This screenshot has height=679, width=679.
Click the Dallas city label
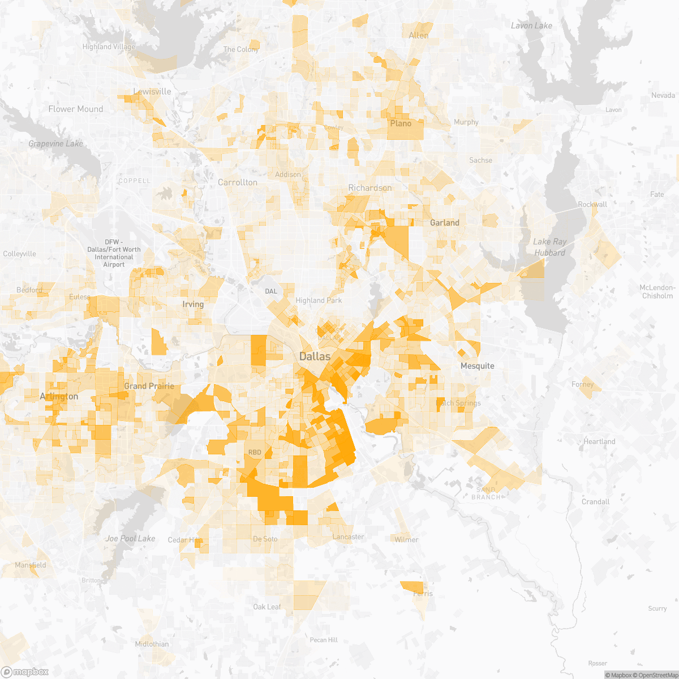(315, 356)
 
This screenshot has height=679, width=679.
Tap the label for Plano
(401, 123)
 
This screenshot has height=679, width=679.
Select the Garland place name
(445, 223)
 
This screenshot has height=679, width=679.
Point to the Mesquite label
(477, 366)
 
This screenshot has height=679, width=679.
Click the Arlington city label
(59, 397)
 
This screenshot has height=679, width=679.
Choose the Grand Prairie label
(149, 386)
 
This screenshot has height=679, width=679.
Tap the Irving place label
(193, 304)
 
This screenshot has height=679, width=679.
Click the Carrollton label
(238, 182)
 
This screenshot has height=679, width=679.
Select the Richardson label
(369, 188)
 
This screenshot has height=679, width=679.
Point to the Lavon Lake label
(531, 26)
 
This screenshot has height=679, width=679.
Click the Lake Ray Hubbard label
(549, 247)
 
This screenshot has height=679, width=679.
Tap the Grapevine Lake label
(55, 144)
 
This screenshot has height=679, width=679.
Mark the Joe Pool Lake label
(130, 539)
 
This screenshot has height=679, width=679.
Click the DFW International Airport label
(114, 253)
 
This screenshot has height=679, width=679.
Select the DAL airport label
(272, 291)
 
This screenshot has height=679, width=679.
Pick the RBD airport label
(255, 453)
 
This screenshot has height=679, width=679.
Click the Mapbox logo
(25, 672)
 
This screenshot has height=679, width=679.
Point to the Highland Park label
(319, 300)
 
